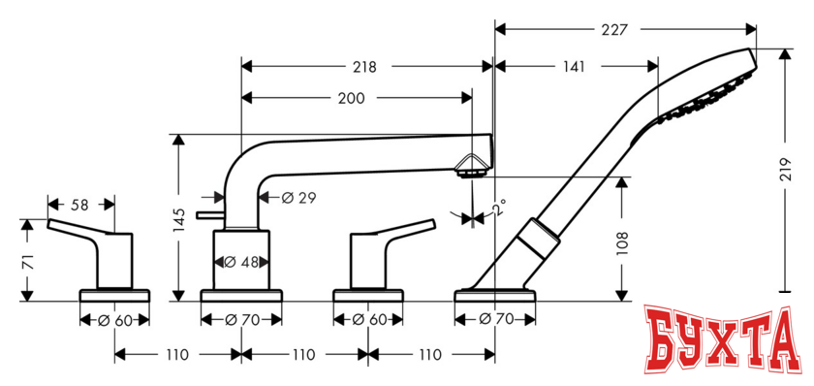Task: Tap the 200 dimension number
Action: (353, 98)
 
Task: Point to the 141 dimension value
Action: (574, 67)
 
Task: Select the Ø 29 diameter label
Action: (298, 198)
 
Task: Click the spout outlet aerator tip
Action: (472, 173)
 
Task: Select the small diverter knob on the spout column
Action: (206, 212)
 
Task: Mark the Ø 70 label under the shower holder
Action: (494, 319)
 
